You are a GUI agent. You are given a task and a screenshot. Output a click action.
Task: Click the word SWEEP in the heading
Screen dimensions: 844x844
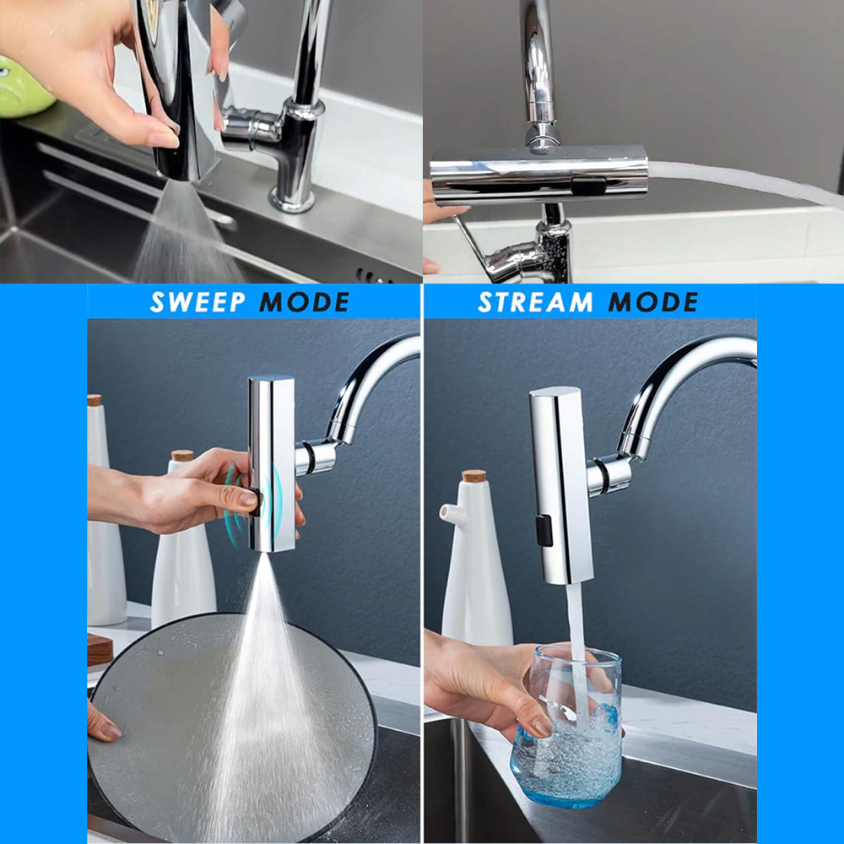197,302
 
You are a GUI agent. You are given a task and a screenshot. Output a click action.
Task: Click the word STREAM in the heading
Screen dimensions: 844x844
535,302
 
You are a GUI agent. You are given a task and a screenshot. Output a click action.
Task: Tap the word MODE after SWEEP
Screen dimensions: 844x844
305,302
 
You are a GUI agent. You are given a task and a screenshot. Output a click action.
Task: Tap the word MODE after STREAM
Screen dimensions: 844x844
653,302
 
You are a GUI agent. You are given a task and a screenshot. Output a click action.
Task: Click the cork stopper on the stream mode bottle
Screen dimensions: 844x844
474,476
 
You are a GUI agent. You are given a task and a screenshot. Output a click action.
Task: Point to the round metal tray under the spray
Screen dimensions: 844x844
231,728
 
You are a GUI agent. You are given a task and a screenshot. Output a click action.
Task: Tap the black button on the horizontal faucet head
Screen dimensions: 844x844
588,187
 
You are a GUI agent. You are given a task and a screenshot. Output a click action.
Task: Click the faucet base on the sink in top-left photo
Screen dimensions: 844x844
291,199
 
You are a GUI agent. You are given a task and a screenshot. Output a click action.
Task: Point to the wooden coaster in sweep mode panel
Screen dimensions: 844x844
100,649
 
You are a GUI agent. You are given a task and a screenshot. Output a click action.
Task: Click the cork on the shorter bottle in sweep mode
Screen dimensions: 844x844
182,456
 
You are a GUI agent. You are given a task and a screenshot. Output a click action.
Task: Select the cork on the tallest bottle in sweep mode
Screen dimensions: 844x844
95,400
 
